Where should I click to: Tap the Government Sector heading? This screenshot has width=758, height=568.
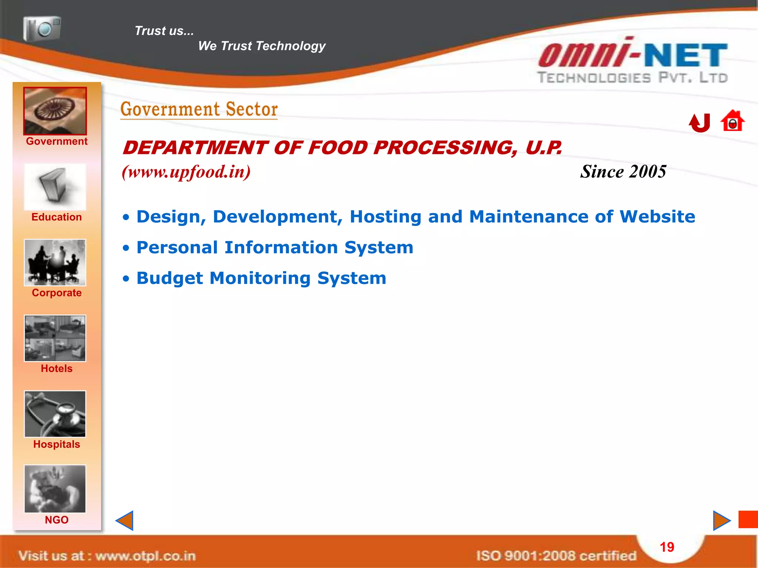click(199, 109)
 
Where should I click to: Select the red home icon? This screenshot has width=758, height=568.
click(732, 121)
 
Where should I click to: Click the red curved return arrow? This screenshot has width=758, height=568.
click(700, 123)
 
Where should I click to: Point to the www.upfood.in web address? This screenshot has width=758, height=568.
click(186, 172)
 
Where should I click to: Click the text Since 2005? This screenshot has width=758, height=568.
click(623, 172)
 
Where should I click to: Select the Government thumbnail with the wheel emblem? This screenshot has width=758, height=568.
click(55, 111)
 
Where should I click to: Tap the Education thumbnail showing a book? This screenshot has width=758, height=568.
click(55, 187)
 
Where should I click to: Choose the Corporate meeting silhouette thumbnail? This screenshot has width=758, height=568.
click(55, 263)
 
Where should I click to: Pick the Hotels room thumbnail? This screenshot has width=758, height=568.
click(55, 338)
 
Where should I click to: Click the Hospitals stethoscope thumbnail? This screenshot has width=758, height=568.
click(55, 414)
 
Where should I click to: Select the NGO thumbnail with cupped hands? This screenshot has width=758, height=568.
click(55, 489)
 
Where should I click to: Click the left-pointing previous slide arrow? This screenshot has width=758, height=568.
click(125, 521)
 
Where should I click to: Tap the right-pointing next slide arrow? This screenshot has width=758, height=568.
click(721, 521)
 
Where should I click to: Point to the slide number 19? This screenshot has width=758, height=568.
click(667, 547)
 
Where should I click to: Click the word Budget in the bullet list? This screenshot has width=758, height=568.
click(170, 278)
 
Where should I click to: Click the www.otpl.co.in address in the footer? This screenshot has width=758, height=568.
click(145, 556)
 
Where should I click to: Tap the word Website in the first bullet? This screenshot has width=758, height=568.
click(657, 217)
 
